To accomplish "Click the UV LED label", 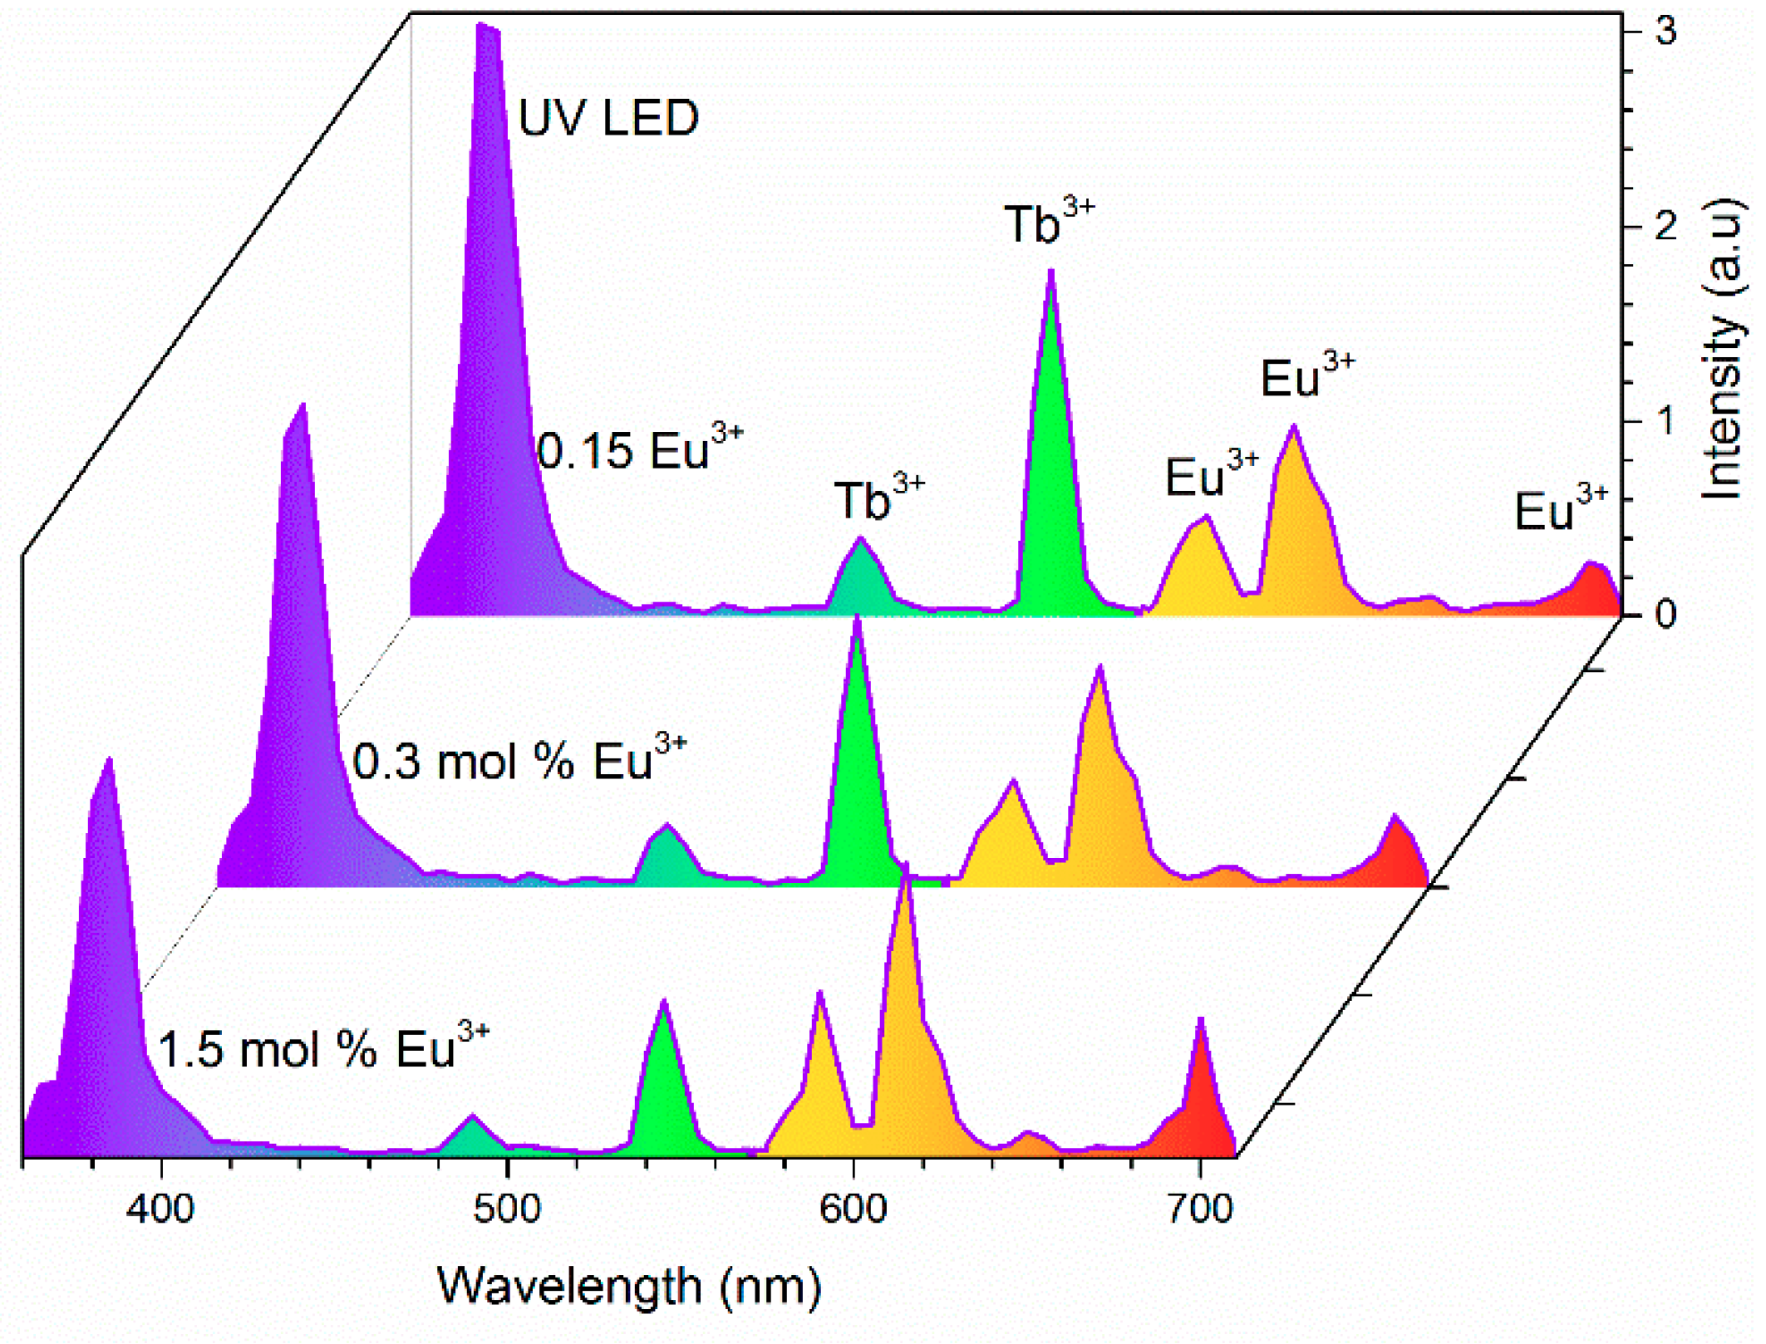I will point(608,118).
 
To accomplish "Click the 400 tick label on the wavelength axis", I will point(160,1209).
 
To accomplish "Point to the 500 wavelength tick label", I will point(507,1209).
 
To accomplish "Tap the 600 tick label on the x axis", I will point(853,1209).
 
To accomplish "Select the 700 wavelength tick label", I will point(1199,1209).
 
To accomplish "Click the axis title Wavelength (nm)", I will point(629,1288).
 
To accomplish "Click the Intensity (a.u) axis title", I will point(1722,349).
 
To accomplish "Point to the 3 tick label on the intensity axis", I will point(1665,32).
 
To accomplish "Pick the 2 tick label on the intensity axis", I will point(1665,226).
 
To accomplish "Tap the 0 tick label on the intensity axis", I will point(1665,615).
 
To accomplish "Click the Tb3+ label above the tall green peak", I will point(1049,223).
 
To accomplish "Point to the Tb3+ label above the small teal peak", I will point(878,499).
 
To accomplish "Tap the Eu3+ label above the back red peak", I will point(1560,509).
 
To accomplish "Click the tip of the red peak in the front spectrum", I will point(1201,1019).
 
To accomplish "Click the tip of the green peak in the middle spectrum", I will point(857,619).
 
